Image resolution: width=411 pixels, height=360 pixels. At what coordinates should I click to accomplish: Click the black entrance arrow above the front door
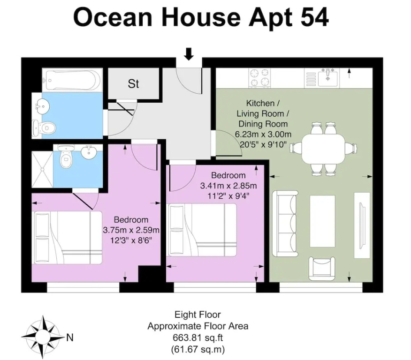tap(189, 54)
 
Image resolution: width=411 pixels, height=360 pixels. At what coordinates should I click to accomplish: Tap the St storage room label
tap(133, 84)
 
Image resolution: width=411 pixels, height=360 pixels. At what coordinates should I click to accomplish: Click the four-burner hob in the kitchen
tap(259, 78)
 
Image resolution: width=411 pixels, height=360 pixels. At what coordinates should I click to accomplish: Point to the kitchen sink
tap(328, 77)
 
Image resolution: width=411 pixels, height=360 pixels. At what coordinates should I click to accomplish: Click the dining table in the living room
tap(323, 149)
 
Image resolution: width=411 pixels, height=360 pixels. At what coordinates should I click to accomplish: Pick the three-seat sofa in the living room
tap(285, 223)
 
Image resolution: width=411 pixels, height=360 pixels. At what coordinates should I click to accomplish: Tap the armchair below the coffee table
tap(322, 269)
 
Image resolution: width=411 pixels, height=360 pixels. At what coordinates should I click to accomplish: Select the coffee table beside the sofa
tap(322, 221)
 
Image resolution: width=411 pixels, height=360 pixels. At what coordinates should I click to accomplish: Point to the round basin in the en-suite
tap(89, 152)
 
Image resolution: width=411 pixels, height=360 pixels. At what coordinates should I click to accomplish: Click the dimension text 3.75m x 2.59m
tap(131, 230)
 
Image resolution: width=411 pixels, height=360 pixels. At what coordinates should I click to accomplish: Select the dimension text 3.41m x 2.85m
tap(228, 186)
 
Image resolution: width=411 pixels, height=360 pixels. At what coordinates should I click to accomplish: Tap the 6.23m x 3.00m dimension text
tap(263, 135)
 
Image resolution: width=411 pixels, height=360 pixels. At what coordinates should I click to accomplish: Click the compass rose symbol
tap(43, 337)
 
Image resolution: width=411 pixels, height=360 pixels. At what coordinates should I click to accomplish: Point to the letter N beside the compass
tap(70, 337)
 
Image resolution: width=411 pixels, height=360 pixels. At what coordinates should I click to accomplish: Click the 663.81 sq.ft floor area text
tap(198, 338)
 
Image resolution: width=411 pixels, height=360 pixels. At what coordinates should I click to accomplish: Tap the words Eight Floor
tap(198, 314)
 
